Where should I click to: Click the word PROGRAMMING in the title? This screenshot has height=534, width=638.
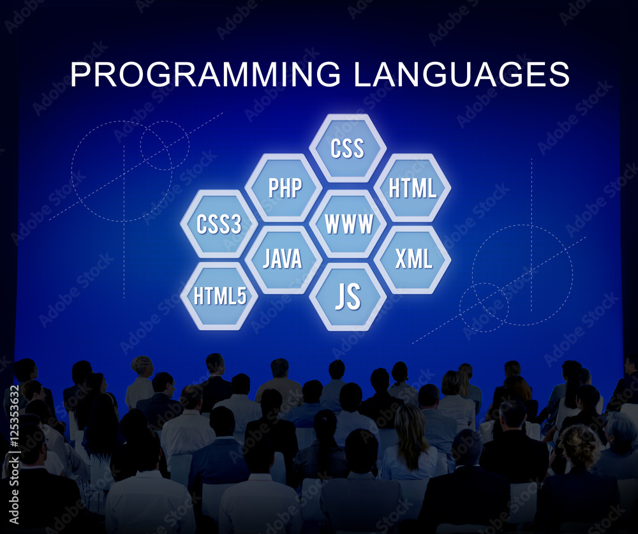click(x=205, y=74)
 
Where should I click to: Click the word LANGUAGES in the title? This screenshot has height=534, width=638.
click(x=461, y=74)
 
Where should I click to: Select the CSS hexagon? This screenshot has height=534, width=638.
click(x=348, y=148)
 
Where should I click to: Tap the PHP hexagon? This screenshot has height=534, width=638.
click(x=284, y=188)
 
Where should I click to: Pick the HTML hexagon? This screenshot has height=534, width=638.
click(x=412, y=188)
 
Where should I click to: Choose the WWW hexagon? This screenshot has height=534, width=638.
click(x=348, y=223)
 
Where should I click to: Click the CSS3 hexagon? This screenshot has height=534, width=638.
click(x=219, y=223)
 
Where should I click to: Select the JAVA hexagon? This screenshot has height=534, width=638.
click(x=284, y=259)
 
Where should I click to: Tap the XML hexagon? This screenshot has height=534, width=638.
click(x=412, y=259)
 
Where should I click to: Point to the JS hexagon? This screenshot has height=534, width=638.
click(x=348, y=296)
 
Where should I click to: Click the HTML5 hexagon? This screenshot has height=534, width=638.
click(x=219, y=296)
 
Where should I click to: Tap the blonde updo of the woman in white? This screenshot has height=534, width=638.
click(x=141, y=365)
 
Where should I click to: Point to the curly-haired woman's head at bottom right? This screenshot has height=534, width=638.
click(x=580, y=446)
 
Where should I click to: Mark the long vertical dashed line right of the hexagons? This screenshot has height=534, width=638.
click(x=531, y=235)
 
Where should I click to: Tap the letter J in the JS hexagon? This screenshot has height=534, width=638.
click(x=340, y=296)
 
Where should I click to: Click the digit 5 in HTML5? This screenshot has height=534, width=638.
click(x=242, y=296)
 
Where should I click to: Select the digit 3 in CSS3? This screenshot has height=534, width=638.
click(x=236, y=224)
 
